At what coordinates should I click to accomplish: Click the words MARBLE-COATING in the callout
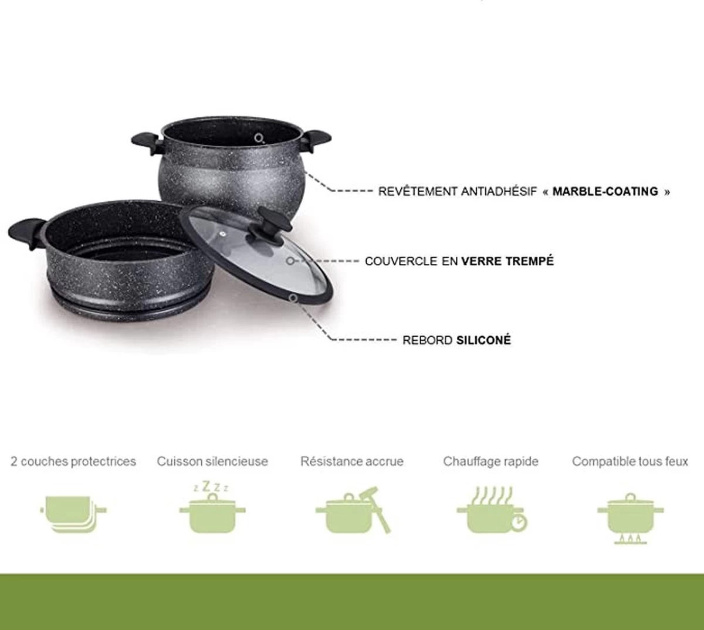(605, 191)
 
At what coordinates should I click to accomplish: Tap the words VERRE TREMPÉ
(507, 261)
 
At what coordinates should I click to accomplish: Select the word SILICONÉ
(483, 340)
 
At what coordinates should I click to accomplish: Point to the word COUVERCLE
(401, 261)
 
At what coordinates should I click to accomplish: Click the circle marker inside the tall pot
(259, 138)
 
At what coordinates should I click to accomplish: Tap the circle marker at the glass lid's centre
(290, 260)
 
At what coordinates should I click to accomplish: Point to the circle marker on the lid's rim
(293, 298)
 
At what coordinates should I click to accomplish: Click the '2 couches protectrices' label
(73, 462)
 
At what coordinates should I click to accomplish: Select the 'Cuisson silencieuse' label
(212, 462)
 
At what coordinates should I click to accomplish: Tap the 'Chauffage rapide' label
(490, 462)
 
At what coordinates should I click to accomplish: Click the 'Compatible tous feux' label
(630, 462)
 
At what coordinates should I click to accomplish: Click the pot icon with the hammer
(352, 510)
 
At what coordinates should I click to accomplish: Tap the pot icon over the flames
(630, 517)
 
